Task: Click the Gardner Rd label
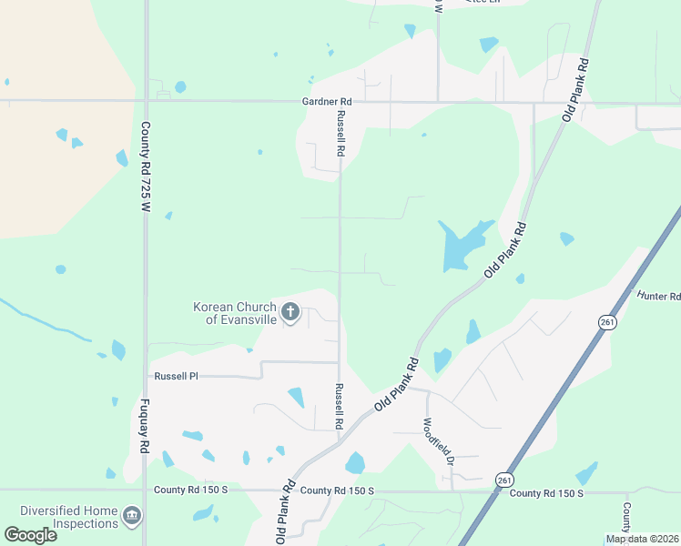(327, 102)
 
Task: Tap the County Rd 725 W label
(145, 168)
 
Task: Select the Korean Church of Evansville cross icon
(290, 314)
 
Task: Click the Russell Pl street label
(176, 376)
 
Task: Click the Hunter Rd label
(658, 296)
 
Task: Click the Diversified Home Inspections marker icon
(132, 516)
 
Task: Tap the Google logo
(30, 535)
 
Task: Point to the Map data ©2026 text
(643, 539)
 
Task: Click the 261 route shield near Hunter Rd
(606, 322)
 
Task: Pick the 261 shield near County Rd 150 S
(504, 479)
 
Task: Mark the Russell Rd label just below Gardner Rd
(340, 132)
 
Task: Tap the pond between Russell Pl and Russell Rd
(296, 397)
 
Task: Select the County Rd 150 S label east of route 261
(544, 493)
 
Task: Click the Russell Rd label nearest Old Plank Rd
(338, 406)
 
